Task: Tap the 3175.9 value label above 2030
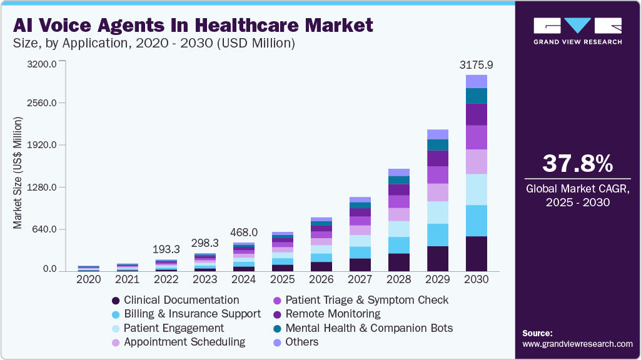477,65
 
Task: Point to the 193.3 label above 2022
166,249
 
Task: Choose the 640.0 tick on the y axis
42,229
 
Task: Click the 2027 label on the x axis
360,279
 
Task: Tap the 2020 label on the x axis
88,279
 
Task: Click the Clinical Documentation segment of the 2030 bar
477,253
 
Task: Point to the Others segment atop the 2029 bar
438,134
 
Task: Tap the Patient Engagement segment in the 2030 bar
477,189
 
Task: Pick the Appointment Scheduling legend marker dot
115,342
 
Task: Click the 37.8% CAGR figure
577,164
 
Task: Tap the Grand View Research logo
577,31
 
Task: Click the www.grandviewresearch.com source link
577,344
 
